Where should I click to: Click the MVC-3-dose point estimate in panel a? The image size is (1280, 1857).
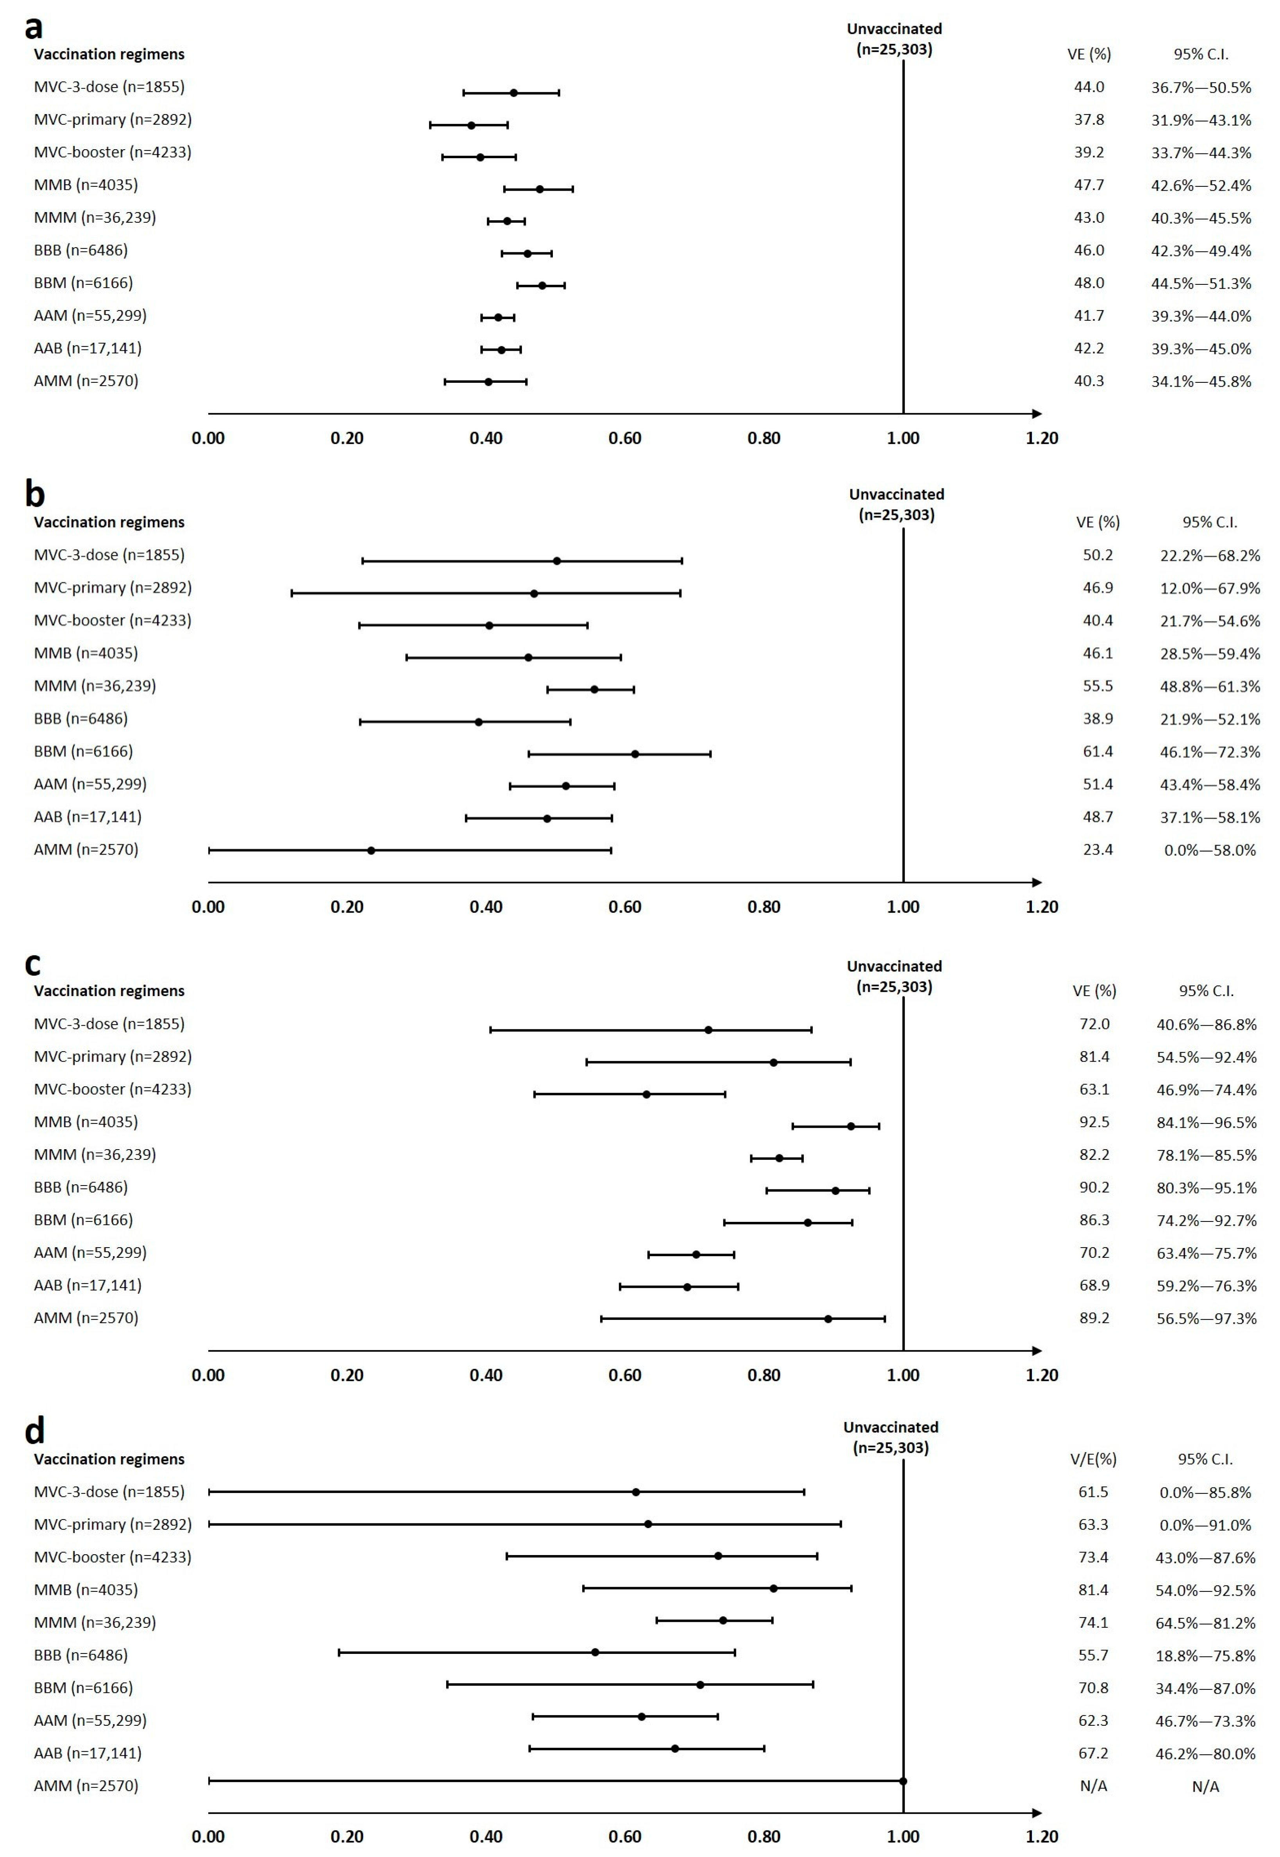click(513, 93)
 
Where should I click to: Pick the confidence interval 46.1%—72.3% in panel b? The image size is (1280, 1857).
click(1209, 752)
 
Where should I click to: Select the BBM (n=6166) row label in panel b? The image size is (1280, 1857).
click(83, 751)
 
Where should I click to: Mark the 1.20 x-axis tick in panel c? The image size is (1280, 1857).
click(1042, 1375)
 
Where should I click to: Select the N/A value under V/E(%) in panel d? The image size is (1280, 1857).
click(1093, 1786)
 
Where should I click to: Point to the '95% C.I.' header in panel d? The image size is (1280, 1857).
click(1205, 1459)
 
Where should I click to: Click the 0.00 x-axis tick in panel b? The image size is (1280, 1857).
click(209, 907)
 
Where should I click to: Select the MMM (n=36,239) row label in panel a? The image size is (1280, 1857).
click(95, 217)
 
